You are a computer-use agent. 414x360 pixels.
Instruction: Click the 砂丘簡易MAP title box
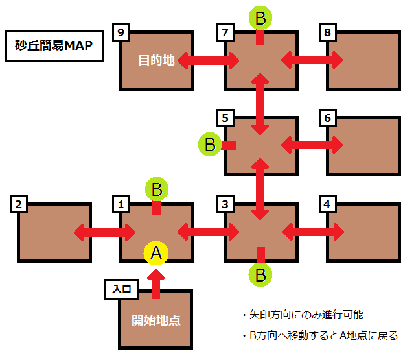(54, 45)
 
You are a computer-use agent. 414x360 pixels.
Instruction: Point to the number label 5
(225, 118)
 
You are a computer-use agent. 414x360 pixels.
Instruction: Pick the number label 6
(328, 118)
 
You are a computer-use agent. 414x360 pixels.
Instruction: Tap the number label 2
(19, 205)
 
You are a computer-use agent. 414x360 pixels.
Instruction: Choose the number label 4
(328, 205)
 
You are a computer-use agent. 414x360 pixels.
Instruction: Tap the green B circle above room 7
(260, 18)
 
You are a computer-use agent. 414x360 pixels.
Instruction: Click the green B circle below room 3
(260, 274)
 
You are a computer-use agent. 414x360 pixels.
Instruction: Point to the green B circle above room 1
(155, 189)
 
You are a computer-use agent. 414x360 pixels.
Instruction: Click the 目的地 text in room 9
(157, 61)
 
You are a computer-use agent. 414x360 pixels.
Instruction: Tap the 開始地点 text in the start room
(155, 320)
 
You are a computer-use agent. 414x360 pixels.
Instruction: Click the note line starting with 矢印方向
(302, 315)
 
